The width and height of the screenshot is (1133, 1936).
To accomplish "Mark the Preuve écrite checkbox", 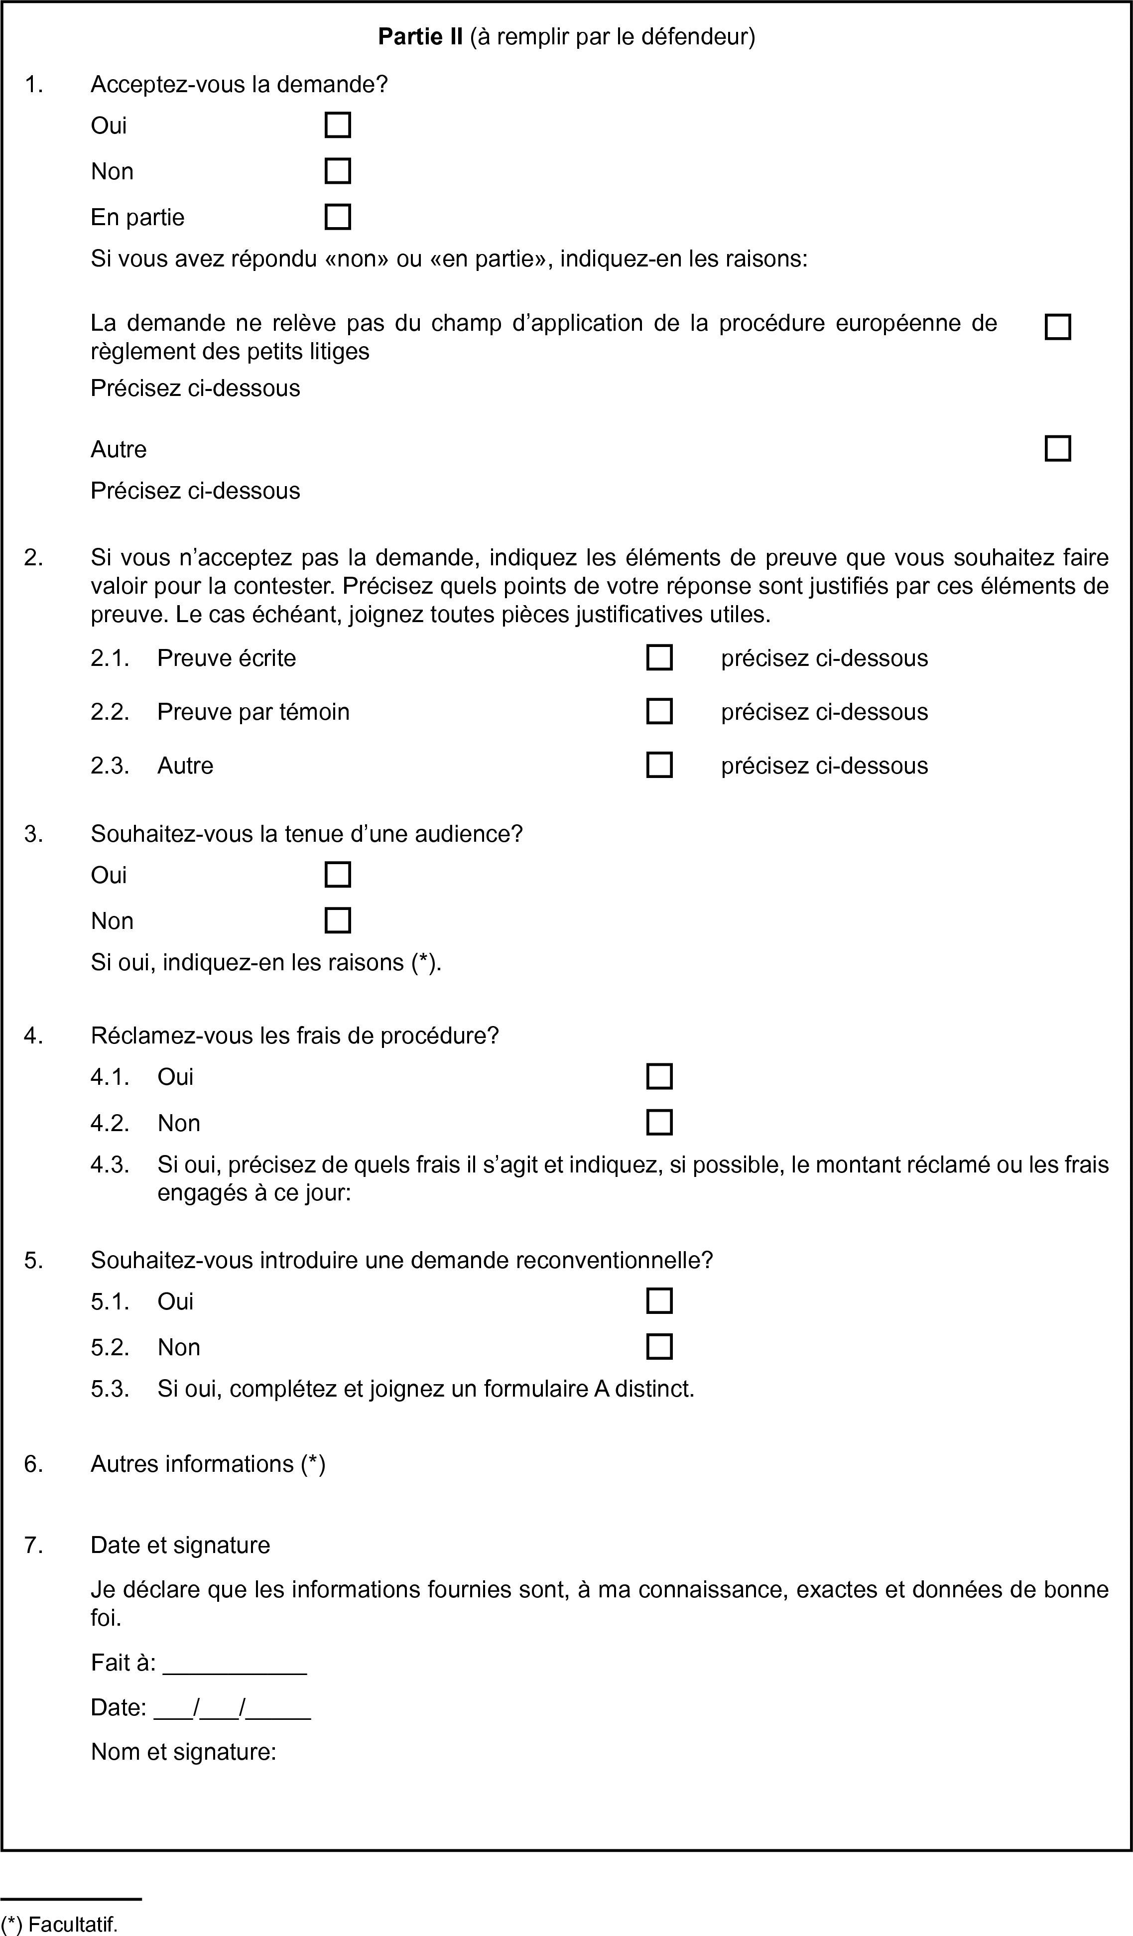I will [659, 657].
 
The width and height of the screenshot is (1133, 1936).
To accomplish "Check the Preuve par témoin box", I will [659, 711].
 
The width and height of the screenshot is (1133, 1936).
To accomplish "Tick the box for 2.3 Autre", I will [659, 765].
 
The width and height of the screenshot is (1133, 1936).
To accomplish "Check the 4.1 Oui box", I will [659, 1076].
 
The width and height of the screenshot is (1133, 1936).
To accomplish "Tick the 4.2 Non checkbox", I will [659, 1123].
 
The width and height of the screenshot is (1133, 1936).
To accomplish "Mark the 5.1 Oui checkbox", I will [659, 1300].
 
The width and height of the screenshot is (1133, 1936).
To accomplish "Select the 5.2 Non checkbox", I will [659, 1347].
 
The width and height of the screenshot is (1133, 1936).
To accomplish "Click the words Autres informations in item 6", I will [193, 1463].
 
